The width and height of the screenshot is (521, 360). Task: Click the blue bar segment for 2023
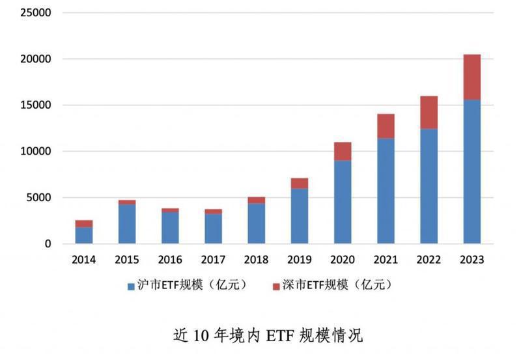(x=472, y=172)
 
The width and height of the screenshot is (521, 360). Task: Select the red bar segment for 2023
(x=472, y=77)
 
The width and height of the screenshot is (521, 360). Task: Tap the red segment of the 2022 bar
(x=429, y=112)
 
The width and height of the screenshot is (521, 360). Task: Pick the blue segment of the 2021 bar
(x=386, y=191)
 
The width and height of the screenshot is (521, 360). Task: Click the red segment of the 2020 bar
(x=343, y=151)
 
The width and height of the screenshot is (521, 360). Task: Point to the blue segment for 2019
(x=300, y=216)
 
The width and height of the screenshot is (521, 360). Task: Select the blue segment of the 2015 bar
(x=127, y=224)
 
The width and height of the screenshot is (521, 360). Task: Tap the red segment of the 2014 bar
(x=84, y=223)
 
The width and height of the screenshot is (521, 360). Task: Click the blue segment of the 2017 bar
(x=214, y=228)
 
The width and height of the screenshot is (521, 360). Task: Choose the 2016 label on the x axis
(x=170, y=260)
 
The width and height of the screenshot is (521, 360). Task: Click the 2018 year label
(x=257, y=260)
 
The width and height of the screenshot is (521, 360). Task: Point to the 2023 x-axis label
(x=472, y=260)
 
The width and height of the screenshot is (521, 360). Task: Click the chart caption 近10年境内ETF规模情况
(x=267, y=335)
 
